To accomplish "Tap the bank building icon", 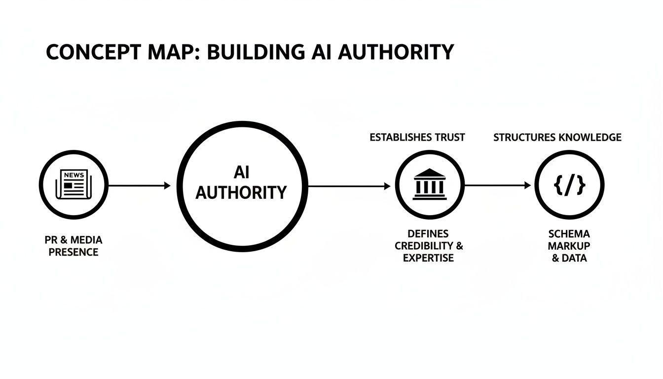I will [x=430, y=186].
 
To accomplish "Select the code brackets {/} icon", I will [x=570, y=186].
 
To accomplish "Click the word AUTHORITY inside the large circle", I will [x=241, y=193].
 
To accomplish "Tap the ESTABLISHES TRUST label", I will [x=417, y=138].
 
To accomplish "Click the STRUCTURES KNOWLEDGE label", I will [x=557, y=138].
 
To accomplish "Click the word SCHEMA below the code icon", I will [x=569, y=234].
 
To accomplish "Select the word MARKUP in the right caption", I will [x=569, y=246].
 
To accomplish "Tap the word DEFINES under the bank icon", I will [x=428, y=234].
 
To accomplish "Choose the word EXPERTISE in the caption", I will [x=428, y=258].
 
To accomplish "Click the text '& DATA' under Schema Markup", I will [x=569, y=258].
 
